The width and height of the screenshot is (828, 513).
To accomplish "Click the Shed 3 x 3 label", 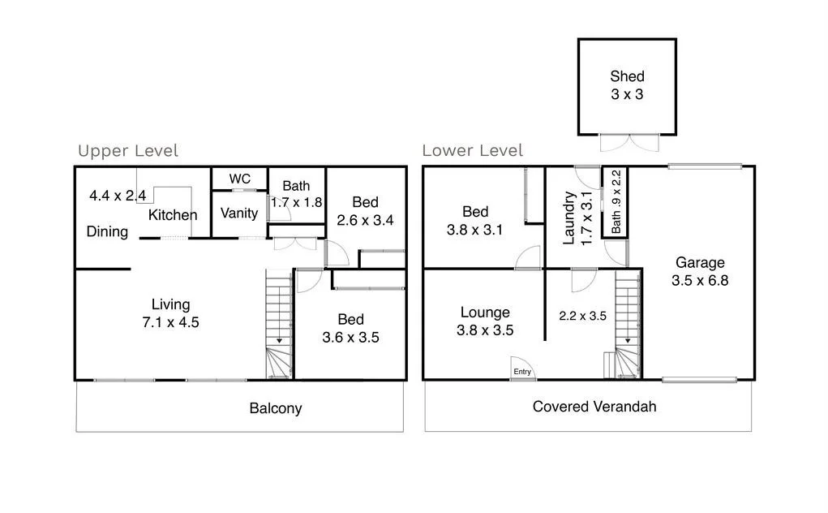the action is tap(627, 85).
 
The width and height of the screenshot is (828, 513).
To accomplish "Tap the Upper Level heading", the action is tap(128, 151).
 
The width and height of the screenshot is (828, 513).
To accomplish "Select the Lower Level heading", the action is tap(473, 151).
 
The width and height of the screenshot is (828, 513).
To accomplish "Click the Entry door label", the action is tap(522, 372).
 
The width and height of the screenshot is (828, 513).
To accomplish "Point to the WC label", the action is tap(239, 179).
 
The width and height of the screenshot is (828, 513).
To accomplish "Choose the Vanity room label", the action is tap(239, 213).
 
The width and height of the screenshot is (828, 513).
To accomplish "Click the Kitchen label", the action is tap(173, 215).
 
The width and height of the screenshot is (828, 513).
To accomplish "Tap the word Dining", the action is tap(107, 232).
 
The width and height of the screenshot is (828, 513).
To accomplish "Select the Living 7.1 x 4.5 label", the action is tap(170, 313).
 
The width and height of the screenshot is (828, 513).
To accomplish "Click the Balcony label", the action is tap(275, 408).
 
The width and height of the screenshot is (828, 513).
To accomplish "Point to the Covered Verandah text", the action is tap(594, 406).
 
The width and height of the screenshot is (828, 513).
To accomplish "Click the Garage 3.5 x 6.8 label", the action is tap(700, 271).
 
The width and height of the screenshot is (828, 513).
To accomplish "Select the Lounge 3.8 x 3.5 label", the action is tap(485, 321).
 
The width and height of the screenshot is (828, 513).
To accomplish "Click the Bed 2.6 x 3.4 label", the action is tap(365, 211).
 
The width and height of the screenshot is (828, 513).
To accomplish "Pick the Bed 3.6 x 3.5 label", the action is tap(350, 328).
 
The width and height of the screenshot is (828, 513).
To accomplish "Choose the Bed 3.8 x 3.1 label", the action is tap(475, 221).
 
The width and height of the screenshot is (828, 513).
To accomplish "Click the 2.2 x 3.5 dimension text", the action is tap(583, 316).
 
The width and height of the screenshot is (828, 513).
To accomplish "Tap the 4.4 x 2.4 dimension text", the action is tap(118, 196).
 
